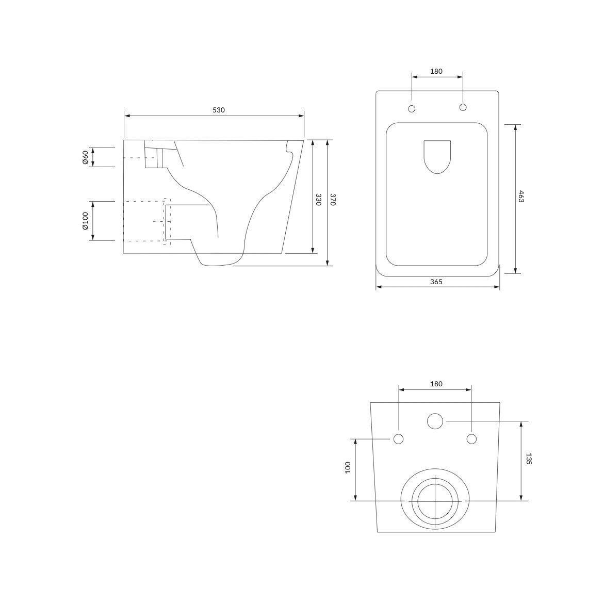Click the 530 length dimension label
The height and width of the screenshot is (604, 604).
coord(218,110)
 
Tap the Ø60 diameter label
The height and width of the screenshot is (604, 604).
coord(86,157)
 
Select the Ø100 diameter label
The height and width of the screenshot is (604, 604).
coord(86,221)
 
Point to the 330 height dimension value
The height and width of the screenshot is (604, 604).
coord(318,200)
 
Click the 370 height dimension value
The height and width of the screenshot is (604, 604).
coord(333,200)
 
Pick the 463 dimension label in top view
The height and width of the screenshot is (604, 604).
coord(521,196)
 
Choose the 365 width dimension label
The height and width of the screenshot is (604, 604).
coord(436,282)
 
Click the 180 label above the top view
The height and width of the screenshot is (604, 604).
coord(436,71)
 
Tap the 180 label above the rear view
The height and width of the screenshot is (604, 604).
coord(436,384)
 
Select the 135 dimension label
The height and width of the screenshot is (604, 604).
coord(529,459)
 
